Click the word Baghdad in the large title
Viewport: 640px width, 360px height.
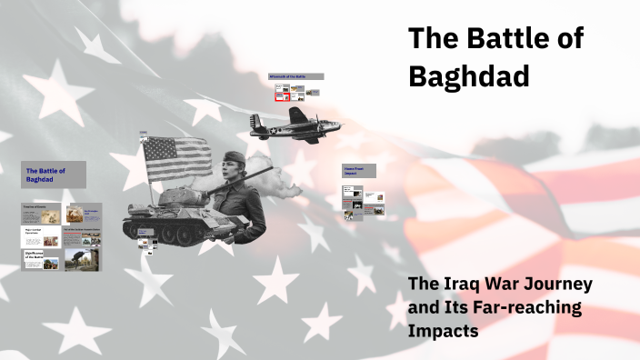point(469,76)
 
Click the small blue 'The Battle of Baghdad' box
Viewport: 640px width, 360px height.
point(54,175)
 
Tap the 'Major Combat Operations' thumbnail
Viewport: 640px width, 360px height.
point(41,236)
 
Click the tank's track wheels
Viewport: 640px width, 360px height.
point(168,231)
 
